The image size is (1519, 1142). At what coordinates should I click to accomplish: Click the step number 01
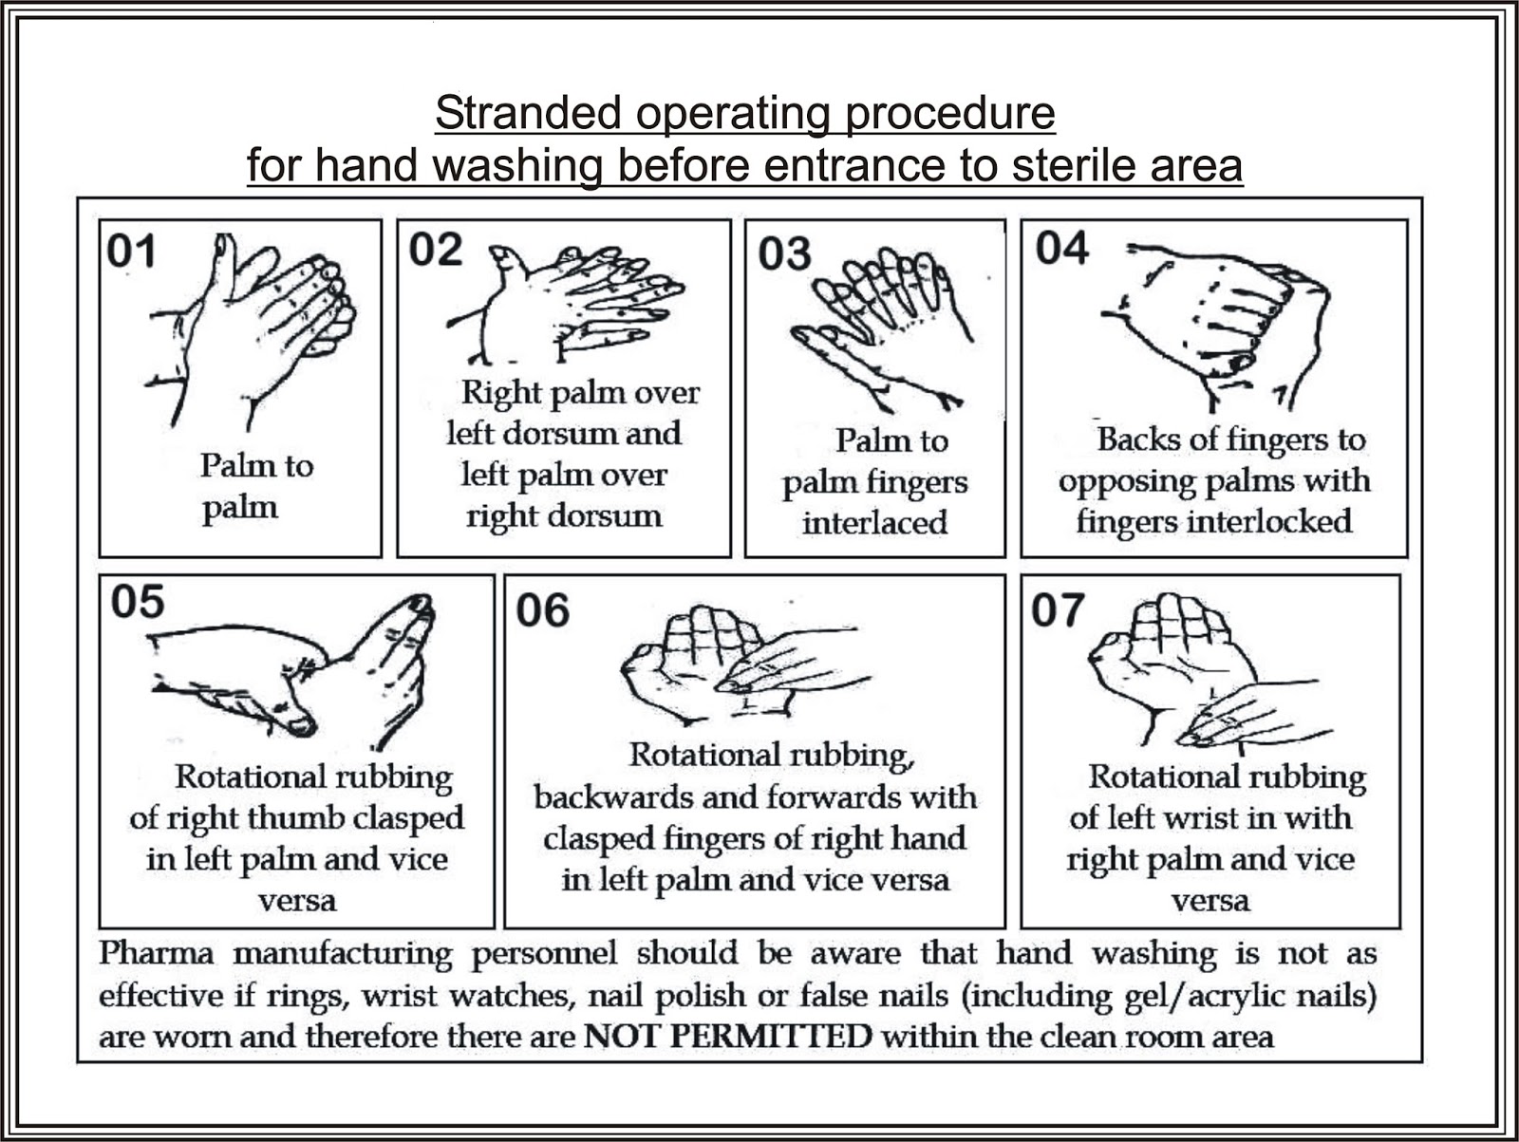[131, 252]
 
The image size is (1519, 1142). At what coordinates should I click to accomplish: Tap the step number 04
[1062, 249]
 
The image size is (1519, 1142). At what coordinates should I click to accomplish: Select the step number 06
[542, 610]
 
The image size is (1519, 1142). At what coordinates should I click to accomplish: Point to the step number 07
[1058, 610]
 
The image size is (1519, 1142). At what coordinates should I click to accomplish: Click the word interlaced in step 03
[874, 523]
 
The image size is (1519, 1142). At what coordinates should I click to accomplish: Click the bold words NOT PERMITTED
[727, 1036]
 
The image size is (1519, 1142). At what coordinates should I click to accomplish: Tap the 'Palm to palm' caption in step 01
[254, 486]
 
